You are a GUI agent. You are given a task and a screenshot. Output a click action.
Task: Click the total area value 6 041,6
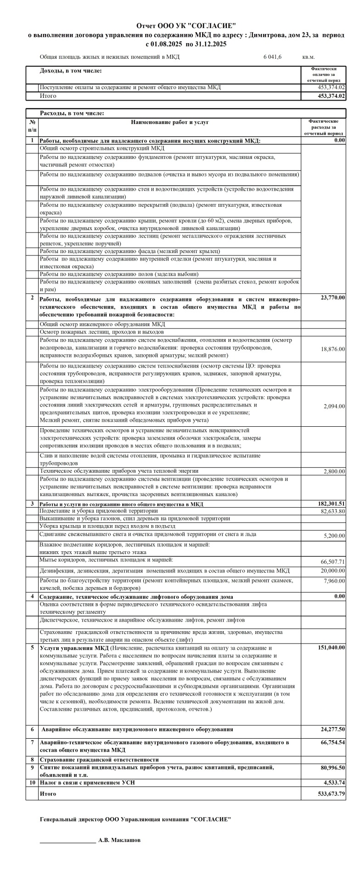tap(272, 57)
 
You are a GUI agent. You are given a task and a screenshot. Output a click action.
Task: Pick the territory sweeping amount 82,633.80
tap(333, 511)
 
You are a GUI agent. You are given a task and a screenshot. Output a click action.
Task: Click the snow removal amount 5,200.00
tap(336, 536)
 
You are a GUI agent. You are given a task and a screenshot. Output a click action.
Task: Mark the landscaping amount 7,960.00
tap(336, 581)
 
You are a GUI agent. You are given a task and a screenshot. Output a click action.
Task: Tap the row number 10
tap(32, 782)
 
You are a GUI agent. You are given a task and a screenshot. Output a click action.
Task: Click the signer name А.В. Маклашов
tap(119, 840)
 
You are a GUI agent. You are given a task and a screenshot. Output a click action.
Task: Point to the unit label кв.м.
tap(309, 57)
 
